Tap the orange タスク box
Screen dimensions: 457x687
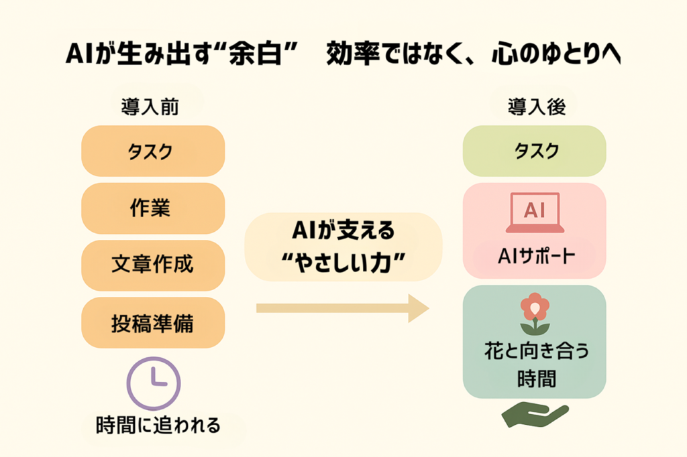153,151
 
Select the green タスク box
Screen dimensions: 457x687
535,151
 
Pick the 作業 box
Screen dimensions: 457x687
153,208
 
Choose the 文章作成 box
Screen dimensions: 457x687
153,265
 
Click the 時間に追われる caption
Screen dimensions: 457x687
158,425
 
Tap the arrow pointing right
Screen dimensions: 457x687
342,308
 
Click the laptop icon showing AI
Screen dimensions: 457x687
535,212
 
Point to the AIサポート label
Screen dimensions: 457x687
535,257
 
